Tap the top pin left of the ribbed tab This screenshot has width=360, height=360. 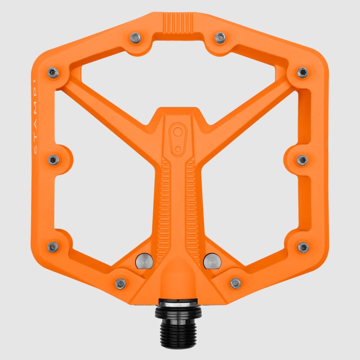136,38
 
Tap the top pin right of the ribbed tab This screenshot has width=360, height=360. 220,38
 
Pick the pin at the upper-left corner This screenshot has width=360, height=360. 53,73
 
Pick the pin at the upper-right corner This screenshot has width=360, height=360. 302,73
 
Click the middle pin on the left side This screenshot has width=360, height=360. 53,160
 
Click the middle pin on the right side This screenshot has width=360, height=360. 302,160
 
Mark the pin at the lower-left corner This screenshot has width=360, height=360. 53,247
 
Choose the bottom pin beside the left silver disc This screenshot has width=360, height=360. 121,283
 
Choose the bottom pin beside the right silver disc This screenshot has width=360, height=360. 235,283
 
